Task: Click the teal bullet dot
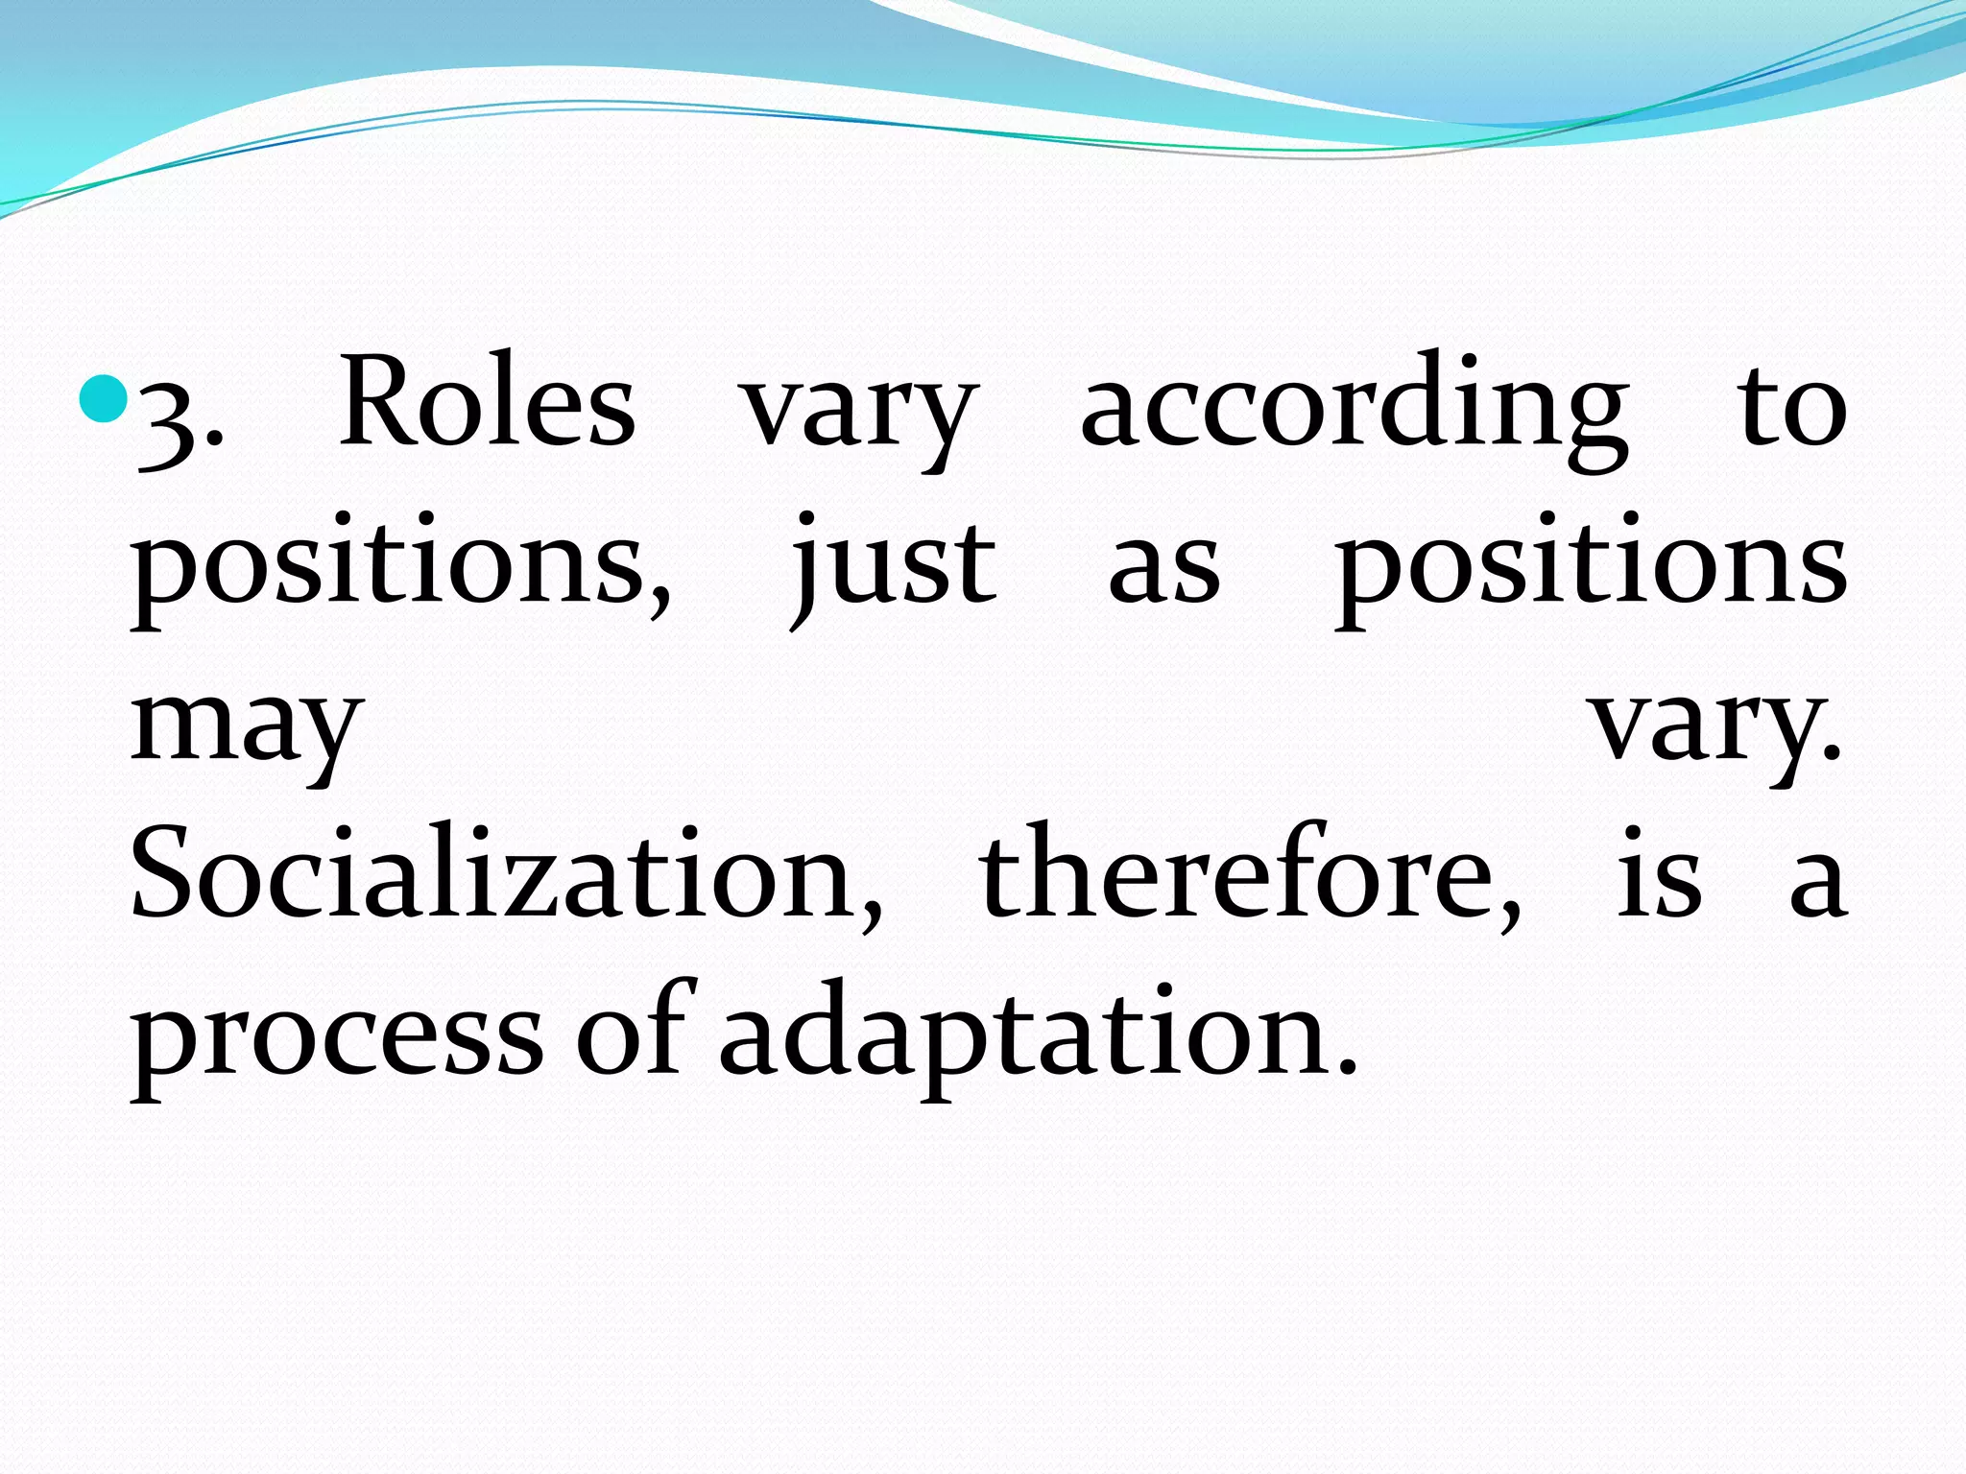click(103, 400)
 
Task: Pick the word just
click(893, 566)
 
